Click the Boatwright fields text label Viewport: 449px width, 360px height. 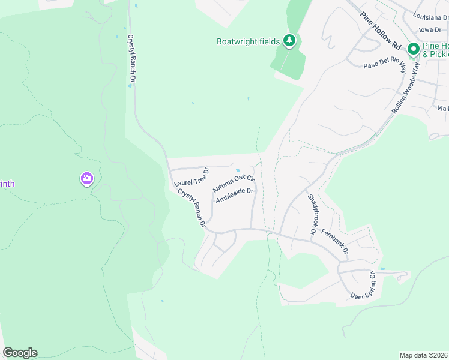point(248,41)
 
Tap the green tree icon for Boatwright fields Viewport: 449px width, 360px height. point(290,41)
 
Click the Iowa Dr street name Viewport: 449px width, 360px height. point(433,29)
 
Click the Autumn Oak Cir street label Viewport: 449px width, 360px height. point(234,184)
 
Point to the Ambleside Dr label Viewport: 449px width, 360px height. point(235,196)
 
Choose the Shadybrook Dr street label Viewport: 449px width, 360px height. point(312,214)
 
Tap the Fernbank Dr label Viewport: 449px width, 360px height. point(335,240)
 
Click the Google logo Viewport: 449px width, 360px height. point(20,353)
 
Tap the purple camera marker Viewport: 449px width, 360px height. point(87,178)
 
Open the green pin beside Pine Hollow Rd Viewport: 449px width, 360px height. point(413,49)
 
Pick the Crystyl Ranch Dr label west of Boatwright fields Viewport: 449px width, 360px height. point(132,59)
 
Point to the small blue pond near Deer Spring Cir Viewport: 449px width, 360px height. point(383,268)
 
